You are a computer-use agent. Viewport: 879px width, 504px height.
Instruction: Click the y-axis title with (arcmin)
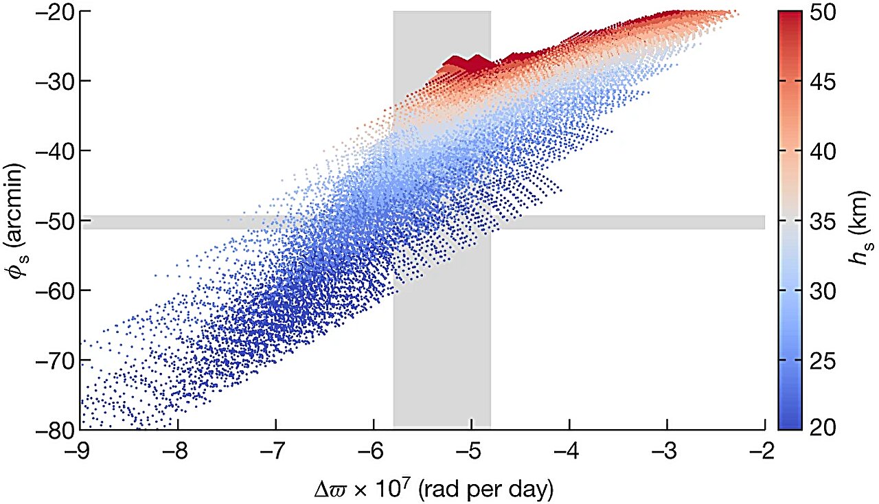pyautogui.click(x=16, y=221)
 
